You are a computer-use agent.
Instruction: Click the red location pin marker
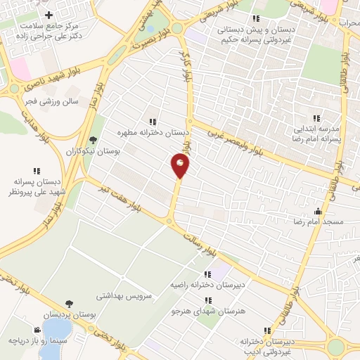pyautogui.click(x=180, y=166)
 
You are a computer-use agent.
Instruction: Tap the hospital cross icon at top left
pyautogui.click(x=49, y=15)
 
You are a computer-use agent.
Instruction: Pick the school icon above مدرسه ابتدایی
pyautogui.click(x=316, y=118)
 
